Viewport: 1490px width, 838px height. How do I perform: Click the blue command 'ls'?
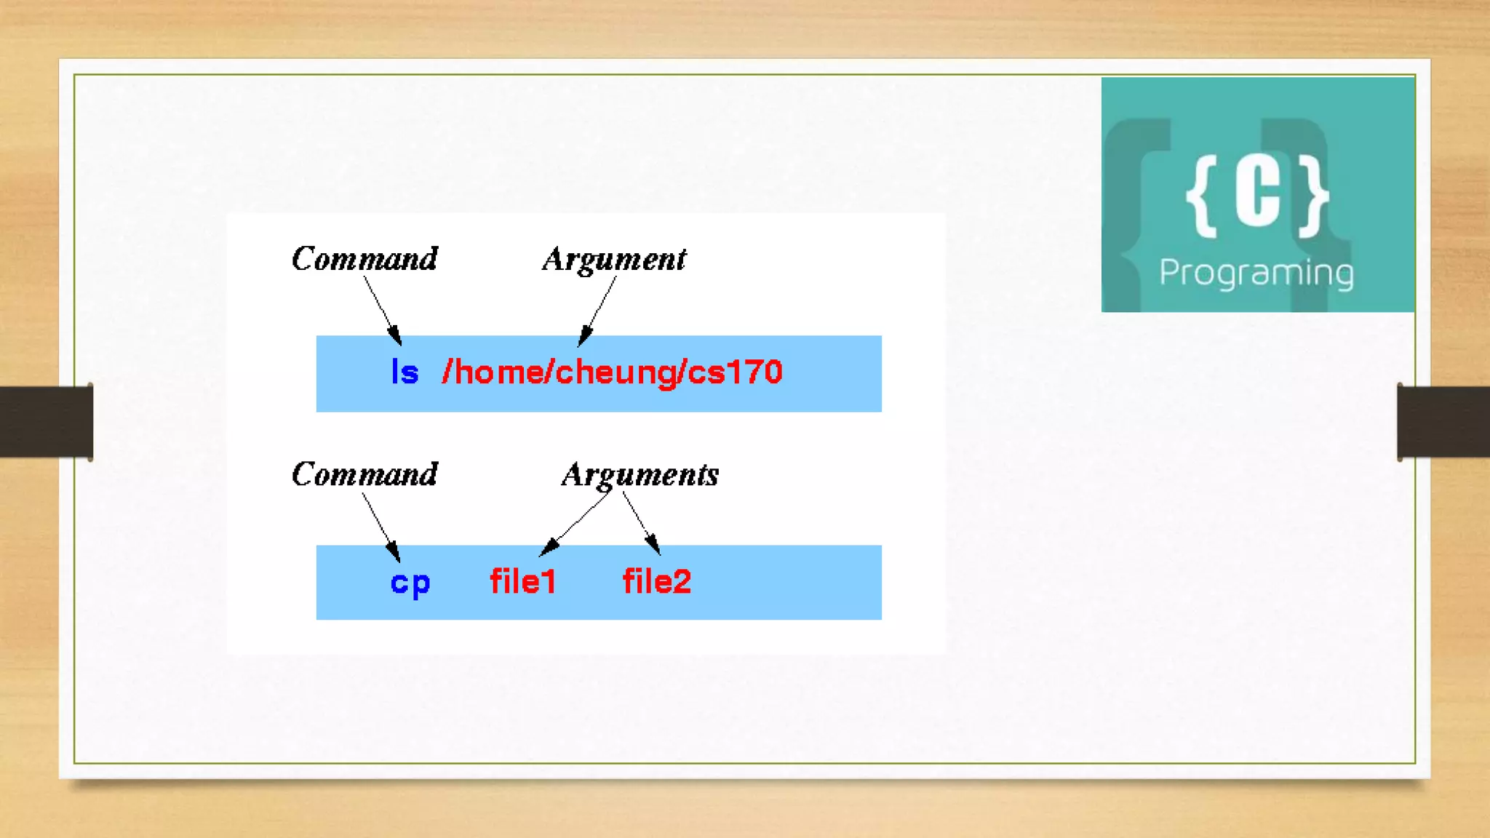click(x=405, y=372)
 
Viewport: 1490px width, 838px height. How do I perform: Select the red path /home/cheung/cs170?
click(x=612, y=372)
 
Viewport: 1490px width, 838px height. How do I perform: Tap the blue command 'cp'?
click(x=410, y=583)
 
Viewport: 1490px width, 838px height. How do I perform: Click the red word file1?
click(x=522, y=581)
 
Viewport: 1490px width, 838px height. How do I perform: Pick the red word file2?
click(x=656, y=581)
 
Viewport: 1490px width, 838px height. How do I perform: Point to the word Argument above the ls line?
click(x=614, y=259)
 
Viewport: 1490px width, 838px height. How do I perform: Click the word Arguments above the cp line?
click(x=640, y=474)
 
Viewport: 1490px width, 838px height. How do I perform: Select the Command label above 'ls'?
click(x=364, y=258)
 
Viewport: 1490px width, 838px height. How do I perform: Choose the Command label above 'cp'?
click(x=364, y=474)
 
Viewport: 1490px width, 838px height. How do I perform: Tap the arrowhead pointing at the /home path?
click(x=583, y=337)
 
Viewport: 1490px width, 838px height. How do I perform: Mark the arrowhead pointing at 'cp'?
click(x=394, y=552)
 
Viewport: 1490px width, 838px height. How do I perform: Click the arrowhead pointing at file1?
click(x=549, y=548)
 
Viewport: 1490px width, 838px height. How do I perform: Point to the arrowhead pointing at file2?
click(x=653, y=545)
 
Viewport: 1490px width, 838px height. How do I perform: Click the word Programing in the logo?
click(x=1256, y=273)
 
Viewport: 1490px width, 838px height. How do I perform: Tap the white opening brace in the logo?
click(x=1202, y=196)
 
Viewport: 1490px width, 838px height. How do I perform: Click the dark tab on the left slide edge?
click(x=46, y=421)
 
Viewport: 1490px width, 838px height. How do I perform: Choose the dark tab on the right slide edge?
click(x=1443, y=421)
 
